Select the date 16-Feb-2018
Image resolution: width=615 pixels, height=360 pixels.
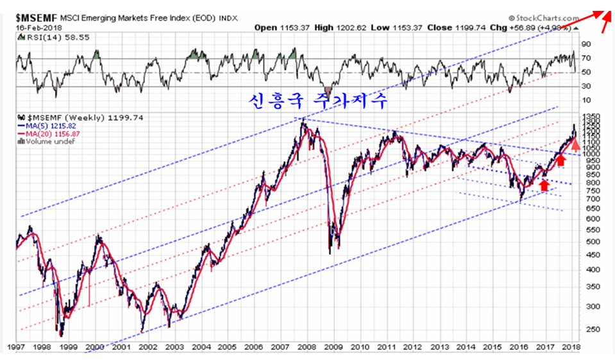coord(29,28)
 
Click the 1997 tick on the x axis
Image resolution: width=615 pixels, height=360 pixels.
coord(16,347)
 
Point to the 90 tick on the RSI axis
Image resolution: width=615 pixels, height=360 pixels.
coord(586,44)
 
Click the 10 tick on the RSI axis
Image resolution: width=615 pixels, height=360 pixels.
coord(586,101)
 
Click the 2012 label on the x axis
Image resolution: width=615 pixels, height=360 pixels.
coord(411,347)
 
